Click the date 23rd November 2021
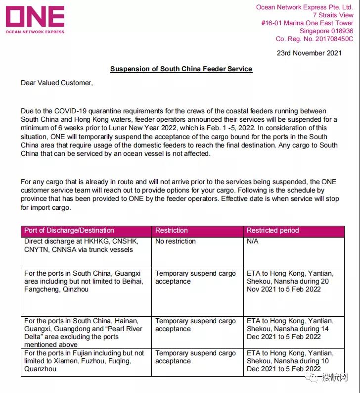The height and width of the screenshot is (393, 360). tap(309, 53)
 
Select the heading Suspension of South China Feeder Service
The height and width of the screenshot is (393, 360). tap(181, 69)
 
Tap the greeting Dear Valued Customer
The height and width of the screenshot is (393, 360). tap(56, 83)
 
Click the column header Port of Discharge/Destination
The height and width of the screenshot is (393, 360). tap(69, 230)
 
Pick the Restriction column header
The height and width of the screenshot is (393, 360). tap(172, 230)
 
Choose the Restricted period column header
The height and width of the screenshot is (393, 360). tap(273, 230)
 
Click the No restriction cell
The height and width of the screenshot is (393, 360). tap(176, 242)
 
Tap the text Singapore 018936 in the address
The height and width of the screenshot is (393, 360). tap(326, 31)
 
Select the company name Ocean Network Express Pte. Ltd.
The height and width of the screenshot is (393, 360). tap(305, 7)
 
